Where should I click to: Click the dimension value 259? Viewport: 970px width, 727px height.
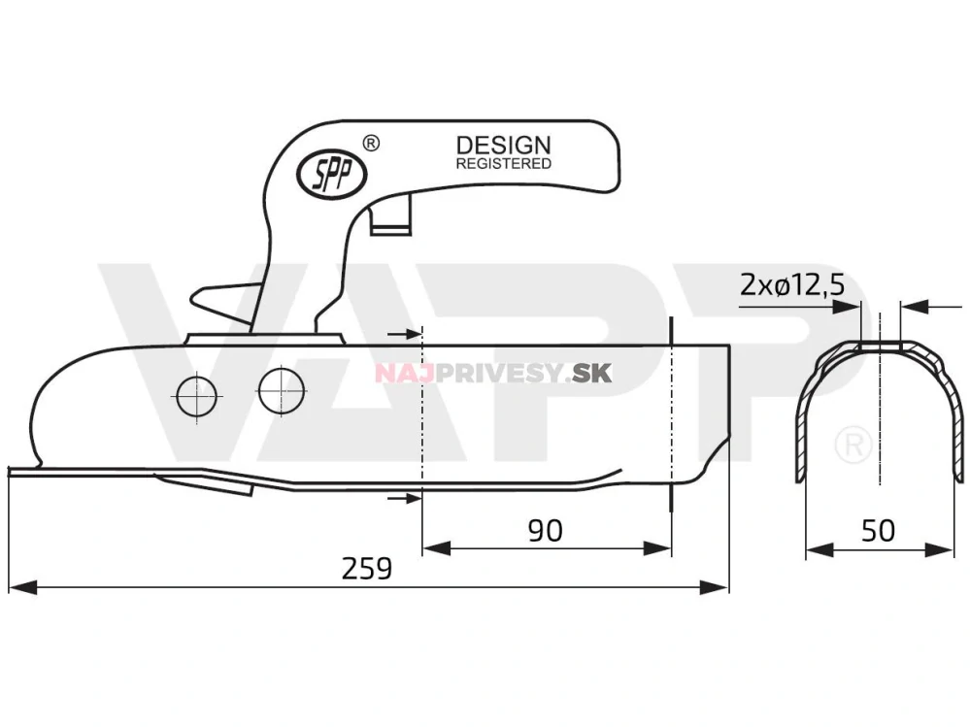click(x=367, y=569)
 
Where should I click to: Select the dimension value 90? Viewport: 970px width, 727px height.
click(x=545, y=530)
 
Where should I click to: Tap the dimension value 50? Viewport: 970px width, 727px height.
click(x=879, y=530)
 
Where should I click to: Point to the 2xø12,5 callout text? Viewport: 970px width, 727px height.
click(x=791, y=284)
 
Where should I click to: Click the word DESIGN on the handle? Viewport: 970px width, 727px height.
click(x=503, y=146)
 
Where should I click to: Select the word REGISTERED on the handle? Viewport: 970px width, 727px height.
click(x=503, y=164)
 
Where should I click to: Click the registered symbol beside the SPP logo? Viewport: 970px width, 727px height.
click(x=370, y=143)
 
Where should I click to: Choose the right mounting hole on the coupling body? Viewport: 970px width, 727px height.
click(x=282, y=389)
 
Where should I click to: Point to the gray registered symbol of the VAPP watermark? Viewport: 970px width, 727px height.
click(x=852, y=444)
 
